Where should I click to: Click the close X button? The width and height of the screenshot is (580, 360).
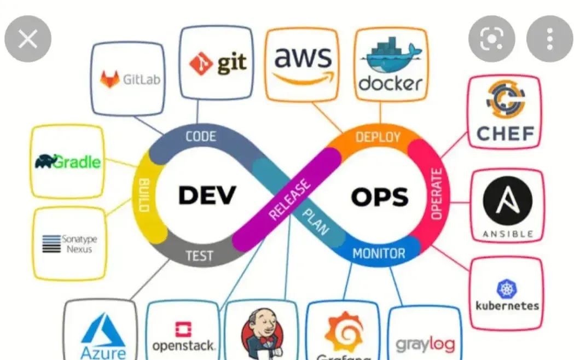coord(28,39)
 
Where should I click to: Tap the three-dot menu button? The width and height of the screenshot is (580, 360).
coord(549,39)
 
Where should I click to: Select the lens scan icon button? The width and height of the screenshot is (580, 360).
coord(491,39)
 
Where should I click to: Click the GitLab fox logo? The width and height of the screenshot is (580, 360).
coord(109,79)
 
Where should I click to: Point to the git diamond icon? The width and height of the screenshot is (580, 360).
coord(201,63)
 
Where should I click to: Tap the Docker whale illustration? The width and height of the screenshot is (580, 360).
coord(390,55)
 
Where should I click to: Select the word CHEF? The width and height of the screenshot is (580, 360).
coord(504,132)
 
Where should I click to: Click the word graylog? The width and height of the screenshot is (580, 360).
coord(425,345)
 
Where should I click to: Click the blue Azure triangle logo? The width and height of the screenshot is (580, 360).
coord(103,328)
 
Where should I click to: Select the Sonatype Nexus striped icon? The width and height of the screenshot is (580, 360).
coord(51,243)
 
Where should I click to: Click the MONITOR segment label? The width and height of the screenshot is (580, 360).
coord(379,253)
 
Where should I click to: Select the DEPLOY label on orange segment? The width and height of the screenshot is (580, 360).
coord(378,137)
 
